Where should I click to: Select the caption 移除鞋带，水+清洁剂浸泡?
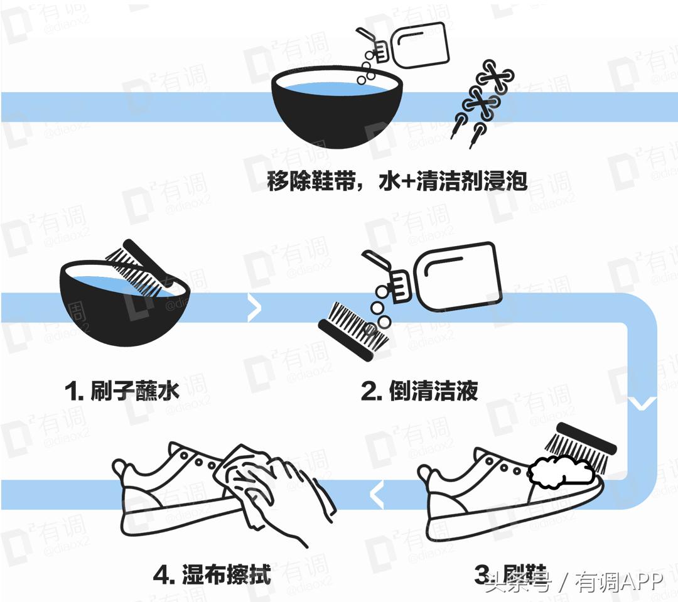coord(397,182)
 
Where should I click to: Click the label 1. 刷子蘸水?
coord(122,391)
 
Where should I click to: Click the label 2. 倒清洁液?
coord(419,391)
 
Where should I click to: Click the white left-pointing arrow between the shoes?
coord(377,495)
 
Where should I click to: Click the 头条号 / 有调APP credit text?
coord(574,582)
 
